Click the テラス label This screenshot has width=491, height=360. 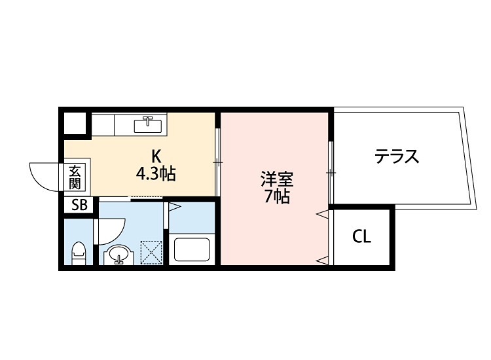coord(396,156)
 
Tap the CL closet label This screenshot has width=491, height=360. coord(361,236)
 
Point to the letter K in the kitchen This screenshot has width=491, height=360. coord(156,156)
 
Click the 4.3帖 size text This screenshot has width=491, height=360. coord(156,175)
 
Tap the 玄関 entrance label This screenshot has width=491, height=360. coord(75,176)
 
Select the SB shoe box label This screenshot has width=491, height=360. coord(79,205)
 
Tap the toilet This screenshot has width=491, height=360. coord(79,253)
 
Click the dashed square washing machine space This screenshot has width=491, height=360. coord(152,252)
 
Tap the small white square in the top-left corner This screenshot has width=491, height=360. coord(75,123)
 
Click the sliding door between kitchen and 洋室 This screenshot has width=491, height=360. coord(217,160)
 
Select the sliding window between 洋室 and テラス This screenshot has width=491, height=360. coord(331,171)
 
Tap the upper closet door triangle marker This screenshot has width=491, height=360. coord(321,214)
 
